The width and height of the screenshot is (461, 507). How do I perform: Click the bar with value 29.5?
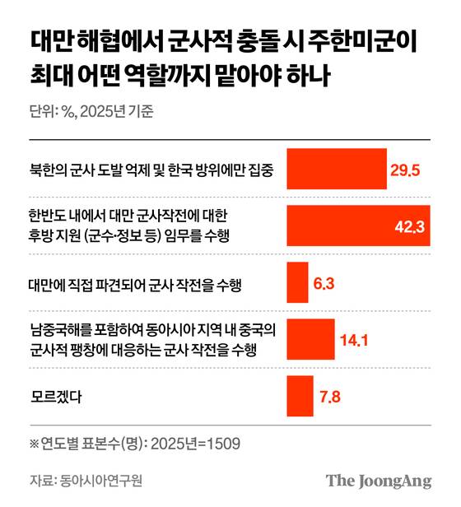[x=336, y=170]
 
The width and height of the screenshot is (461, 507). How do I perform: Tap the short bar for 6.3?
[x=296, y=283]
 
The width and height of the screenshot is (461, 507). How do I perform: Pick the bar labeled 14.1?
[x=310, y=339]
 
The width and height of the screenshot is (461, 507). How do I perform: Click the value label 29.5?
[x=405, y=170]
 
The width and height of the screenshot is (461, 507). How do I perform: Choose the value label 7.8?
[x=329, y=397]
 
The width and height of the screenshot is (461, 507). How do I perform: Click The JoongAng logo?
[x=378, y=481]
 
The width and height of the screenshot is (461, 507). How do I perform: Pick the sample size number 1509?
[x=224, y=444]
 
